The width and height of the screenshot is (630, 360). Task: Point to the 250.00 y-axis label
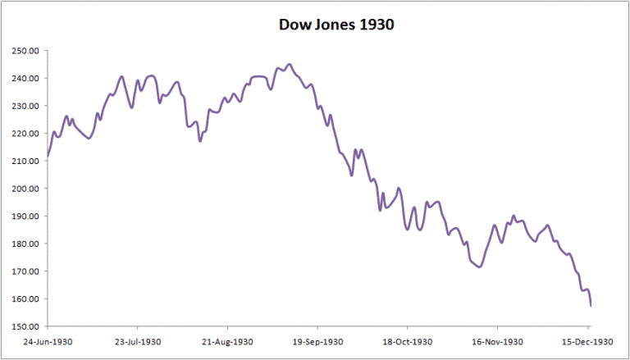pyautogui.click(x=25, y=50)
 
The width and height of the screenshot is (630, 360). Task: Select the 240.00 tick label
pyautogui.click(x=25, y=78)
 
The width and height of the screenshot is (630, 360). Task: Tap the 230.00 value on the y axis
pyautogui.click(x=25, y=106)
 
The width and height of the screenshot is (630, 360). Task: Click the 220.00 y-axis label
pyautogui.click(x=25, y=133)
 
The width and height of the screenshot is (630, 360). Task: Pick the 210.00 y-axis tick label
pyautogui.click(x=25, y=161)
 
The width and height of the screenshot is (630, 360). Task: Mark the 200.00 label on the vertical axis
pyautogui.click(x=25, y=189)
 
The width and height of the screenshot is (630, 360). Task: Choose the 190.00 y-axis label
pyautogui.click(x=25, y=216)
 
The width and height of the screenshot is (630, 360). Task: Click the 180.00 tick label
pyautogui.click(x=25, y=244)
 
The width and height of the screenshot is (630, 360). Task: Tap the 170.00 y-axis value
pyautogui.click(x=25, y=271)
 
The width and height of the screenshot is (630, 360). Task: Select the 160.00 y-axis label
pyautogui.click(x=25, y=298)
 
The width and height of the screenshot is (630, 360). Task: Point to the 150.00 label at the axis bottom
pyautogui.click(x=25, y=326)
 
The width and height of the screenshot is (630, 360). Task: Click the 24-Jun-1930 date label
pyautogui.click(x=48, y=340)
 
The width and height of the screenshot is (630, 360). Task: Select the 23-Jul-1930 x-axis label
pyautogui.click(x=138, y=340)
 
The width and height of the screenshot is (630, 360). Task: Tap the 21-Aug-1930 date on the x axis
pyautogui.click(x=229, y=340)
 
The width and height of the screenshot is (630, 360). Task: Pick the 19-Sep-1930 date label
pyautogui.click(x=319, y=340)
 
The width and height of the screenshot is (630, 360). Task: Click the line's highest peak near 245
pyautogui.click(x=289, y=64)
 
